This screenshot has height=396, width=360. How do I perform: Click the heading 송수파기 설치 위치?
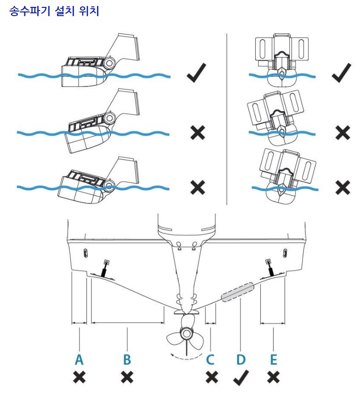tap(54, 11)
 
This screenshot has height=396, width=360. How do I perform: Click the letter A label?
tap(80, 360)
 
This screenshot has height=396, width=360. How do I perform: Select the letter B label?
tap(127, 360)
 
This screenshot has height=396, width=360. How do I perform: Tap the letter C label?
tap(211, 360)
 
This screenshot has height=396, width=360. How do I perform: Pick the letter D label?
tap(240, 360)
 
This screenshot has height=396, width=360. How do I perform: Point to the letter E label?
tap(273, 360)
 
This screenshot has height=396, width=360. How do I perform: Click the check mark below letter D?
tap(240, 378)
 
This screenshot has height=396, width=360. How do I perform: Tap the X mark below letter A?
tap(80, 378)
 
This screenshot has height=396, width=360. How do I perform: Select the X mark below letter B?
tap(127, 378)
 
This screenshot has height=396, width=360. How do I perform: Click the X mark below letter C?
tap(211, 378)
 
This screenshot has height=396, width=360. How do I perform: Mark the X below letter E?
tap(273, 378)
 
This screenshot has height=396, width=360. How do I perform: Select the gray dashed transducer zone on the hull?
tap(238, 292)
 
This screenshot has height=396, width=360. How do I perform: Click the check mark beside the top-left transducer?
tap(196, 74)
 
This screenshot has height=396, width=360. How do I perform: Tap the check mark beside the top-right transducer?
tap(341, 74)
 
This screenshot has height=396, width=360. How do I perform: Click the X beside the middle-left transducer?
tap(197, 133)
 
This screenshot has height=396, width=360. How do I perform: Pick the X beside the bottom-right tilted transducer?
tap(342, 187)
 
